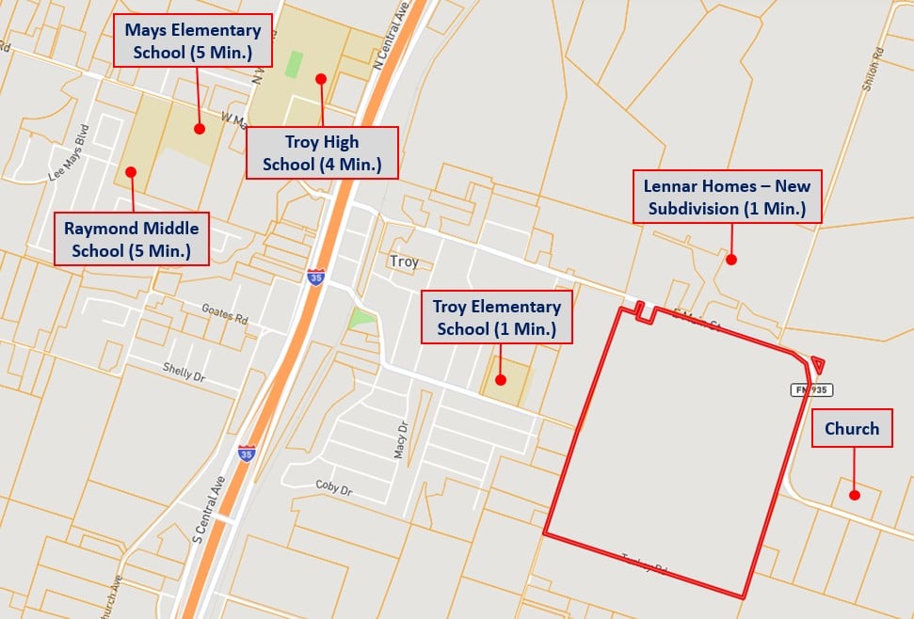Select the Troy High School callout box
pyautogui.click(x=322, y=153)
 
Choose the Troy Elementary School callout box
pyautogui.click(x=497, y=317)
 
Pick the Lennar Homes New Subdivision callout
pyautogui.click(x=727, y=197)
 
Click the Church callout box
pyautogui.click(x=852, y=429)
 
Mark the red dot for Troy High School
pyautogui.click(x=321, y=79)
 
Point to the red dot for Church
pyautogui.click(x=854, y=495)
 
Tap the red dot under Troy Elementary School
pyautogui.click(x=501, y=380)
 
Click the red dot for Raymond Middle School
pyautogui.click(x=131, y=172)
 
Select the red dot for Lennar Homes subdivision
pyautogui.click(x=730, y=259)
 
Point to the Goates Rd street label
pyautogui.click(x=224, y=312)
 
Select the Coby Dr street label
pyautogui.click(x=333, y=489)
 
